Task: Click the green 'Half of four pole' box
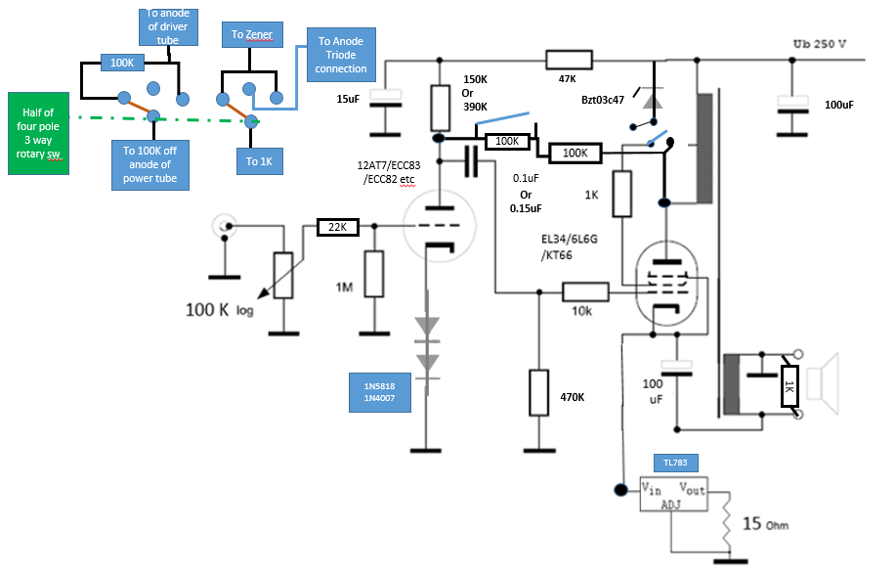tap(38, 133)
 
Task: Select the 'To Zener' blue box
tap(252, 35)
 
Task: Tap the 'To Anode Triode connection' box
tap(341, 55)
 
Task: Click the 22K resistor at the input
tap(338, 227)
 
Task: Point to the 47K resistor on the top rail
tap(569, 60)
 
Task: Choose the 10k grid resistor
tap(585, 292)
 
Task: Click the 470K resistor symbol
tap(538, 392)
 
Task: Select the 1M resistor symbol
tap(374, 274)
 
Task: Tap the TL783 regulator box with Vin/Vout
tap(673, 494)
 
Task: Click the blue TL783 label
tap(675, 463)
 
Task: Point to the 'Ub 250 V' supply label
tap(819, 44)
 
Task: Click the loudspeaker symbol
tap(822, 384)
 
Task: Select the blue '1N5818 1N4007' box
tap(379, 392)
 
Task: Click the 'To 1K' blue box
tap(260, 161)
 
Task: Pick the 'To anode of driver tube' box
tap(168, 26)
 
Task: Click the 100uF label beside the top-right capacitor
tap(839, 105)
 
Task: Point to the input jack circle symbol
tap(225, 226)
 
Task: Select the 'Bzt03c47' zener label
tap(603, 100)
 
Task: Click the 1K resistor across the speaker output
tap(789, 386)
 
